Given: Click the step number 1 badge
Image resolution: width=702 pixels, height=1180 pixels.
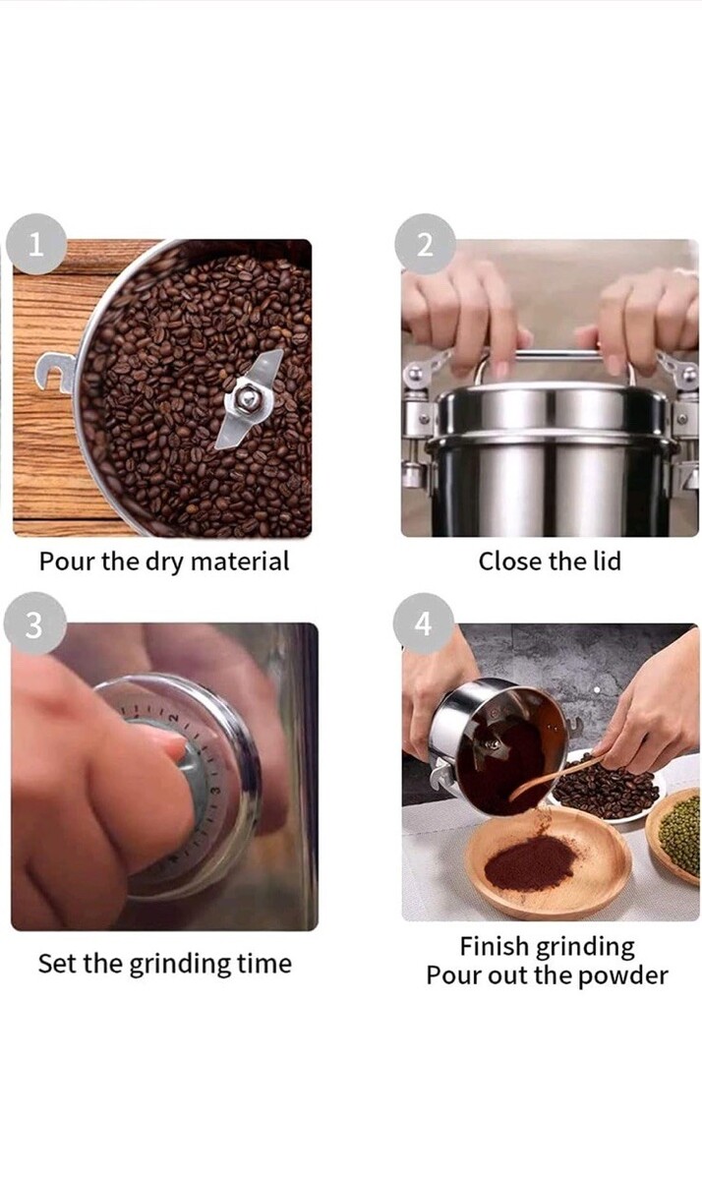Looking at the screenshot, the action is tap(35, 244).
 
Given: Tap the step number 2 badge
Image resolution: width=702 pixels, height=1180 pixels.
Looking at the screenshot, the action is tap(425, 244).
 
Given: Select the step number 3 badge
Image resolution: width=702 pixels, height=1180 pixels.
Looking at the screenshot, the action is tap(34, 623).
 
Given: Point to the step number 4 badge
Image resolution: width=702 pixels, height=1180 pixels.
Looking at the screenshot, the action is tap(423, 623).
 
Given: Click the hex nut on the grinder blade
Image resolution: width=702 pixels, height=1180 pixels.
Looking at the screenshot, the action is tap(246, 397).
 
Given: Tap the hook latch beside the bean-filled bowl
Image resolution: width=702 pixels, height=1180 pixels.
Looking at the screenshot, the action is tap(55, 373).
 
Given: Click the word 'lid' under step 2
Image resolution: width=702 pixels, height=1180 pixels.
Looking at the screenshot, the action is tap(608, 560).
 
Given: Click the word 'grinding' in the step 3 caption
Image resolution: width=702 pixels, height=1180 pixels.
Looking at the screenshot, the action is tap(180, 965).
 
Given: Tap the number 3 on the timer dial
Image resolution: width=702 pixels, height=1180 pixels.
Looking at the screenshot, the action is tap(215, 791).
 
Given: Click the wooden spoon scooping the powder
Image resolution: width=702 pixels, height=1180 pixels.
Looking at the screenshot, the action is tap(559, 777).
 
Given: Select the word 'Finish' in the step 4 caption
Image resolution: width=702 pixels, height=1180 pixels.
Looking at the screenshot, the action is tap(493, 946).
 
